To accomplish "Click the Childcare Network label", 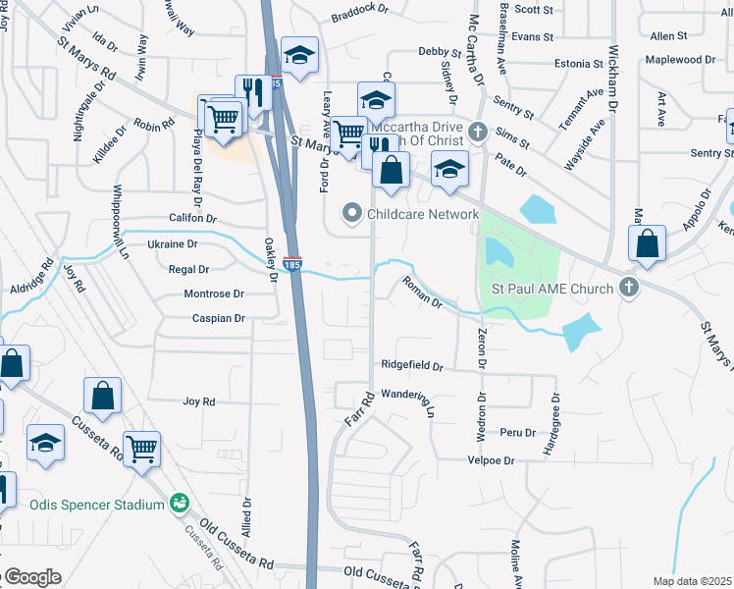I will (x=423, y=213).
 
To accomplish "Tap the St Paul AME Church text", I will (x=552, y=289).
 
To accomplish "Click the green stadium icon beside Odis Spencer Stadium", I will (x=180, y=504).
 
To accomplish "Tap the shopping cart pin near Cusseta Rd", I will (x=143, y=450).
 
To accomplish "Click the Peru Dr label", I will (x=516, y=432).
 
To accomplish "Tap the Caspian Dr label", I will (x=218, y=319).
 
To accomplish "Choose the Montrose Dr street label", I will (x=213, y=294).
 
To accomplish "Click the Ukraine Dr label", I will (x=173, y=243).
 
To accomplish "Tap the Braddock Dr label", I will (x=361, y=17).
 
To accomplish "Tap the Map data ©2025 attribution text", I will (x=693, y=581).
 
